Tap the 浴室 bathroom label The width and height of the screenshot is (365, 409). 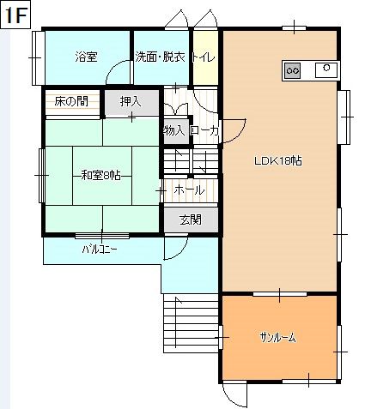(86, 57)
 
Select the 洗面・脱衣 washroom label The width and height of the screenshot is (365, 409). (160, 57)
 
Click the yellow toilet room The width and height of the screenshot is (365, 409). (205, 57)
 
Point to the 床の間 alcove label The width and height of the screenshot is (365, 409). (71, 101)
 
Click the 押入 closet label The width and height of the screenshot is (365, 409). (131, 101)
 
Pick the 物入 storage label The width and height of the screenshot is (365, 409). (176, 131)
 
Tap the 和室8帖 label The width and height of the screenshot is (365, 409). (101, 175)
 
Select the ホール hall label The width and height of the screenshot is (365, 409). (189, 189)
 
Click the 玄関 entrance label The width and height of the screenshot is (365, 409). (191, 220)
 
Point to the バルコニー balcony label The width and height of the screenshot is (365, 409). (100, 250)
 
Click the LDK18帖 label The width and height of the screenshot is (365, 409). (278, 161)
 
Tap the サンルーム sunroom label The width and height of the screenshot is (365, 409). (277, 338)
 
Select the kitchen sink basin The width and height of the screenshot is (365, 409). (326, 70)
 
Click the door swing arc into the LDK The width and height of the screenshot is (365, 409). (240, 135)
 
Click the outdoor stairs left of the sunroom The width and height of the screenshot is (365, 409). (191, 323)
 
